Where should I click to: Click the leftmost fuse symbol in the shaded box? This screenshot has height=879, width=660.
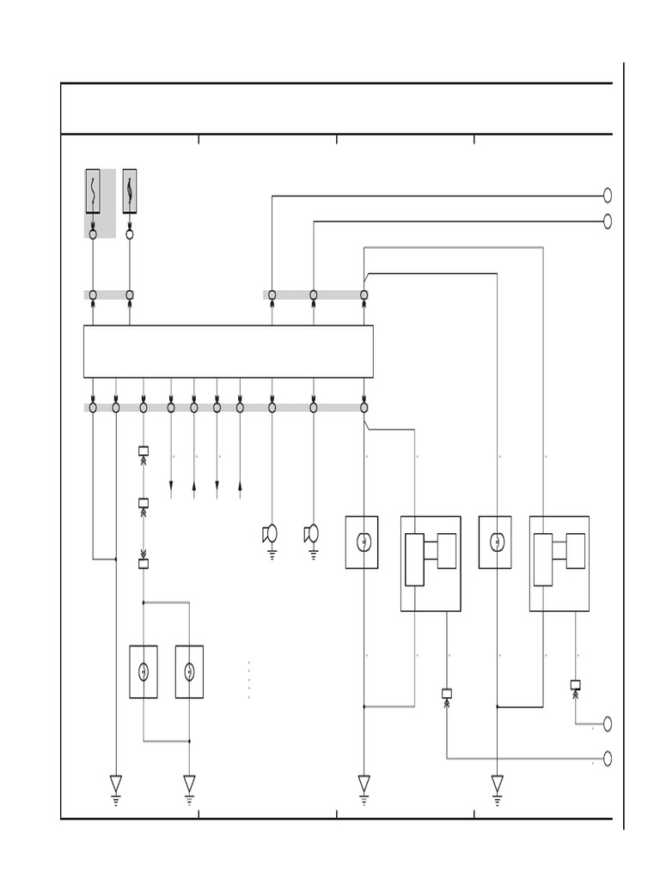93,191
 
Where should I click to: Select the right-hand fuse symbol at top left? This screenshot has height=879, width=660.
130,191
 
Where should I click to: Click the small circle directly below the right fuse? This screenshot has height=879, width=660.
130,233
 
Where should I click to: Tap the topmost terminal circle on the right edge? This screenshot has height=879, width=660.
608,196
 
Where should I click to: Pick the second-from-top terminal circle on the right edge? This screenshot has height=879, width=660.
608,221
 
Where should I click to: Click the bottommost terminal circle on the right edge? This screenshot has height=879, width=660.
608,759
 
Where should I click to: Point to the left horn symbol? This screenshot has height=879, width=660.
271,535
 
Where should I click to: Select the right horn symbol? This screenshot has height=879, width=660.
312,535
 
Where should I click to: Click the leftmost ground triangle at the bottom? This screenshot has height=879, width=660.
116,784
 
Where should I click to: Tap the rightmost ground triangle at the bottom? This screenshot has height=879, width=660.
497,784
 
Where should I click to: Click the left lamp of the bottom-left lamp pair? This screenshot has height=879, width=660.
144,671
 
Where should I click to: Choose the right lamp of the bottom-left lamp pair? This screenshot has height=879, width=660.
189,671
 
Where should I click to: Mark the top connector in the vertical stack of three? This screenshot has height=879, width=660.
144,451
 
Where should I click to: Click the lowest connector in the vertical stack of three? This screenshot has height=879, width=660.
144,564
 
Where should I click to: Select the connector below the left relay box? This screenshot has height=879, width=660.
447,693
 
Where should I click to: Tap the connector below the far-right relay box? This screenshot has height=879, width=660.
576,685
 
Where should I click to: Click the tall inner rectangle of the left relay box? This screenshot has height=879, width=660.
414,560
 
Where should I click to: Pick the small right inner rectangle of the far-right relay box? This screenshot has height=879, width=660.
575,550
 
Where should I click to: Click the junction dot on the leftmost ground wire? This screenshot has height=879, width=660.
116,560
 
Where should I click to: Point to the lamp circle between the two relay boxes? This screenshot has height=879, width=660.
495,543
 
